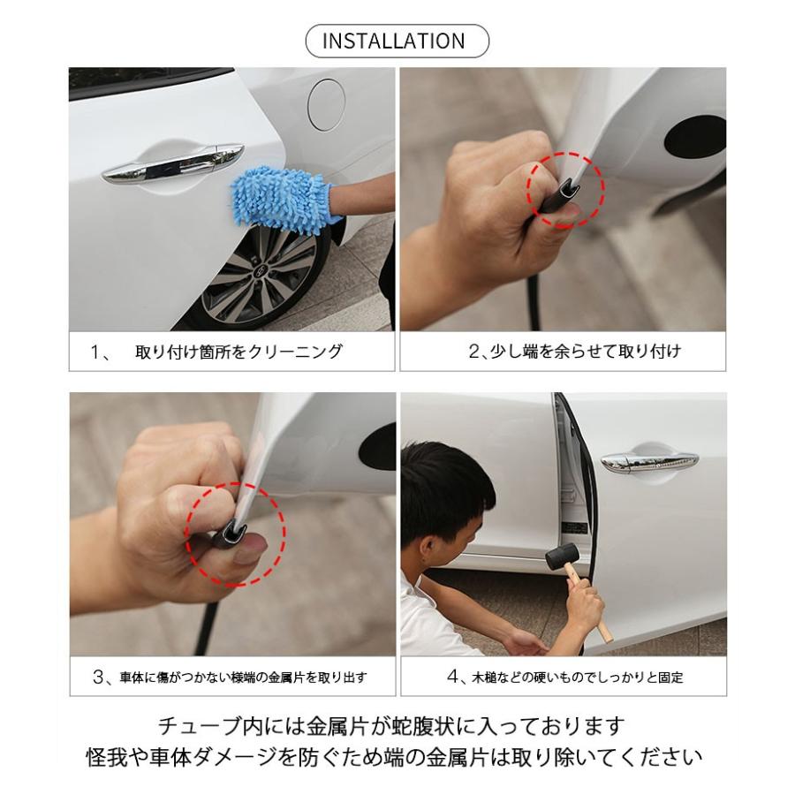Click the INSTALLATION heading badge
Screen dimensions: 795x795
[397, 42]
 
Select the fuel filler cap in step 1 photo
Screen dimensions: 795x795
[324, 104]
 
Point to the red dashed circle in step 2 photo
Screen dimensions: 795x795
[565, 188]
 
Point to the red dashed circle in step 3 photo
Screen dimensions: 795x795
[235, 532]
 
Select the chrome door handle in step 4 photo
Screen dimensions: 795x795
[649, 461]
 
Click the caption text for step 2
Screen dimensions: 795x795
[574, 352]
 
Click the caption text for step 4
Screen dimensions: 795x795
[565, 678]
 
